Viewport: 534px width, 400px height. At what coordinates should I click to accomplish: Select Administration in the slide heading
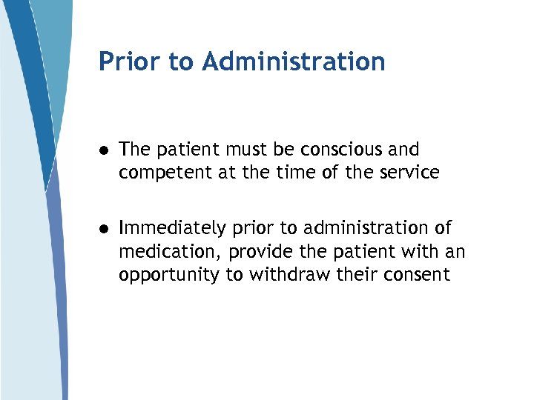pos(293,62)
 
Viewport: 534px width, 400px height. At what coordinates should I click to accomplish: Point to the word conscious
pos(344,150)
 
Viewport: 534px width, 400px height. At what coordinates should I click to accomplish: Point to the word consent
pos(417,275)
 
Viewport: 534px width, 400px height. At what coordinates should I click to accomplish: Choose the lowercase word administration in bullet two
pos(361,227)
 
